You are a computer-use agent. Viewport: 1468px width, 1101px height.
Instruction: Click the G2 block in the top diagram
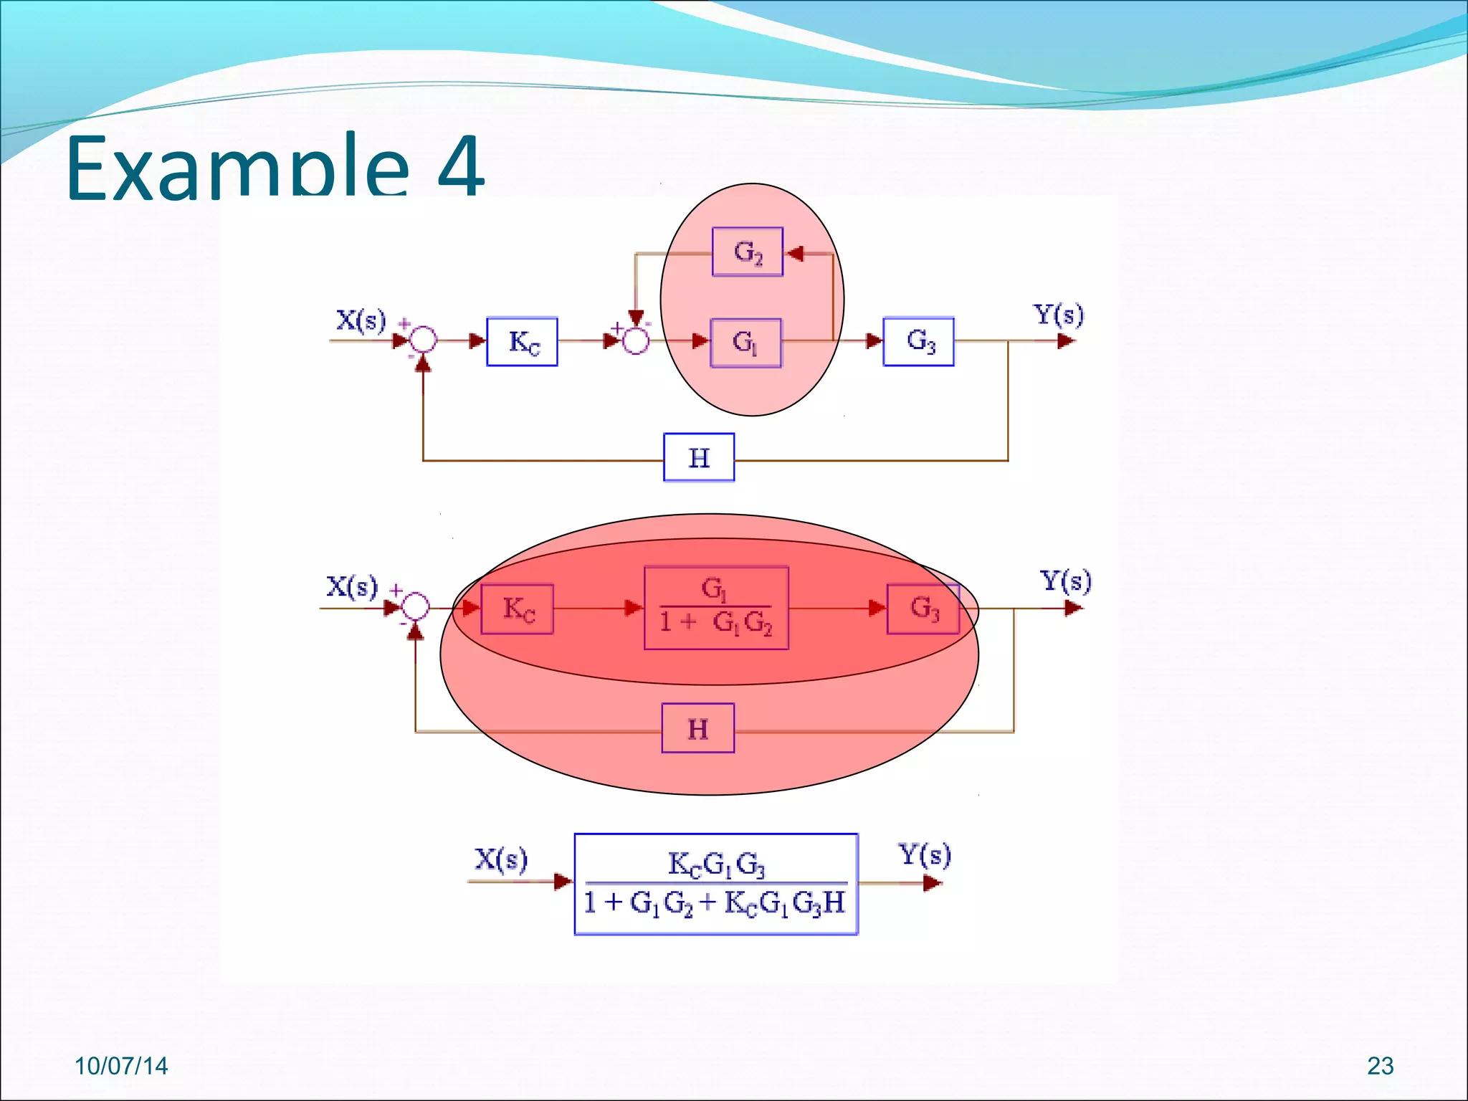[x=748, y=252]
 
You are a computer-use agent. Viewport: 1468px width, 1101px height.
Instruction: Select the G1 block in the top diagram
[x=745, y=343]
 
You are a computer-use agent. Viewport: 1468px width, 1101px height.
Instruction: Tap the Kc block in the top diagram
[x=523, y=342]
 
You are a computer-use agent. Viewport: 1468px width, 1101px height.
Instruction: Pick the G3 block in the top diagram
[x=919, y=341]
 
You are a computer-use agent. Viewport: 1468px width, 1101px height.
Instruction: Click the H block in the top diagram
[x=699, y=457]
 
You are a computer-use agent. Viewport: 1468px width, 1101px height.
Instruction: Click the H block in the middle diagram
[x=697, y=728]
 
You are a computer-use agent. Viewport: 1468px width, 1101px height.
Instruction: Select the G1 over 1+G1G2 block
[x=716, y=608]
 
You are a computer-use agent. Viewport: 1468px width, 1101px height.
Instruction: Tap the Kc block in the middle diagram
[x=517, y=609]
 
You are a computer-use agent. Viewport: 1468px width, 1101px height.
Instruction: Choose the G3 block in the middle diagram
[x=923, y=609]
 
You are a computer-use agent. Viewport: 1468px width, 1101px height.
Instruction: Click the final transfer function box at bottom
[x=716, y=884]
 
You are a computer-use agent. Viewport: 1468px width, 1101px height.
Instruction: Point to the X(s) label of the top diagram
[x=361, y=320]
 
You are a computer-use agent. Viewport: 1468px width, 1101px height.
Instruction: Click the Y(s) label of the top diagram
[x=1058, y=314]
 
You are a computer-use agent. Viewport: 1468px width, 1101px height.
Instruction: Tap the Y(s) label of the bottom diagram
[x=925, y=854]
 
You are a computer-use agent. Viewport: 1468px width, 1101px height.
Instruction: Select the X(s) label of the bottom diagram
[x=501, y=859]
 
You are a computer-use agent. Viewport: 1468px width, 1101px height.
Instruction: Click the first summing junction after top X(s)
[x=423, y=340]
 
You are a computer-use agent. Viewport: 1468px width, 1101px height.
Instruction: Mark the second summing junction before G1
[x=635, y=340]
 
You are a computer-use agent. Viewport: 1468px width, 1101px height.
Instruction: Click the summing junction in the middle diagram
[x=415, y=608]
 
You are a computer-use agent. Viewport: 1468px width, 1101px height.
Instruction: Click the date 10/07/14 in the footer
[x=121, y=1066]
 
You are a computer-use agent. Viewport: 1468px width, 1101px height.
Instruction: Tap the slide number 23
[x=1380, y=1066]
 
